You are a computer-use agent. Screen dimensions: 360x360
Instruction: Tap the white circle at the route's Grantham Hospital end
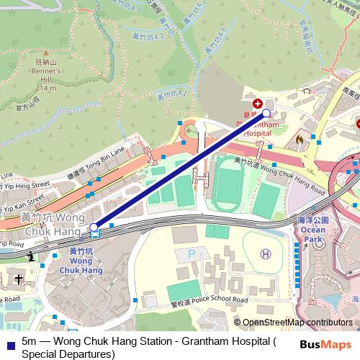(x=266, y=113)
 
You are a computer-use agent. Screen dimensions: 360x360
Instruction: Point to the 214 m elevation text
(x=45, y=88)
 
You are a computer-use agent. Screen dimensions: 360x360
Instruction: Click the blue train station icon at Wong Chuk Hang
(x=94, y=230)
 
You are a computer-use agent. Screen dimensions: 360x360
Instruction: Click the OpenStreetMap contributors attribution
(x=297, y=323)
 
